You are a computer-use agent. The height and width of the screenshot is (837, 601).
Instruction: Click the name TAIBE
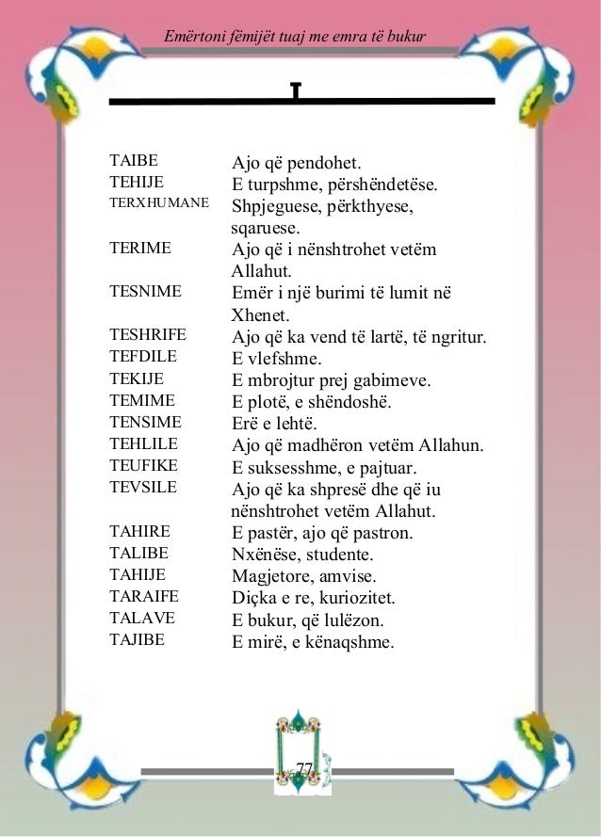pos(134,162)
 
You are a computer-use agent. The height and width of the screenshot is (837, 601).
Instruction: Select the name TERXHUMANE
pos(158,202)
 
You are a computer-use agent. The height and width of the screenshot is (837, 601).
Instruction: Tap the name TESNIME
pos(145,292)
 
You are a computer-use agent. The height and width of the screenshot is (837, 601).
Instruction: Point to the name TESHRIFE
pos(148,335)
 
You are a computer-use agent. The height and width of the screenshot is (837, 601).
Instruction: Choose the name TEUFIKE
pos(145,465)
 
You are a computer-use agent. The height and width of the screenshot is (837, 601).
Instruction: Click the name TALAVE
pos(142,619)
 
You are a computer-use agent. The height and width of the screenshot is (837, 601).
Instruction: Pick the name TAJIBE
pos(138,640)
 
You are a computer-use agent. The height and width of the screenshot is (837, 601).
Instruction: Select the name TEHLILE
pos(144,443)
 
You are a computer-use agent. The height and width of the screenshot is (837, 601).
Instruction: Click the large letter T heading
pos(296,92)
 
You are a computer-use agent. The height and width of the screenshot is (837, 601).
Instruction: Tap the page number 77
pos(302,771)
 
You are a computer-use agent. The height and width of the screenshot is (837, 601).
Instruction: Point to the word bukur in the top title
pos(408,37)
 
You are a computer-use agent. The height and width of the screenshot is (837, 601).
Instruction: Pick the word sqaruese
pos(266,228)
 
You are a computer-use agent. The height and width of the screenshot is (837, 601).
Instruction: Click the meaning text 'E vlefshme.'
pos(277,358)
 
